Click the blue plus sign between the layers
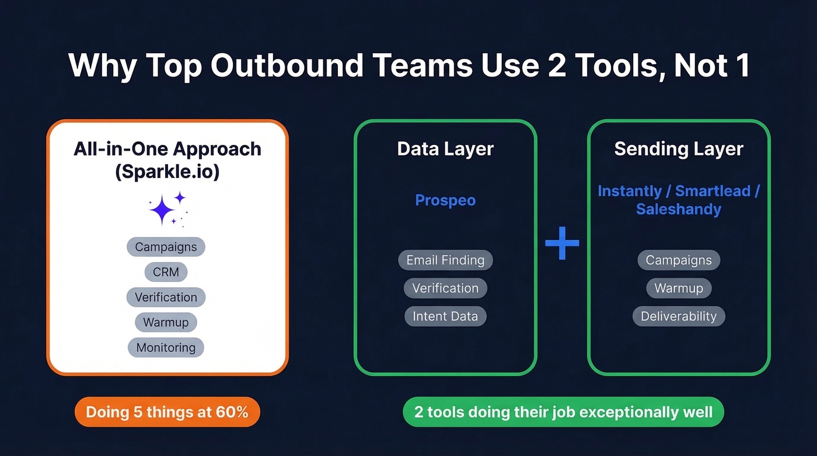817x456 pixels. click(562, 242)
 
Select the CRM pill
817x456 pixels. click(166, 272)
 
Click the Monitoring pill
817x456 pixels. click(166, 347)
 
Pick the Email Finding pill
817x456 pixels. click(445, 260)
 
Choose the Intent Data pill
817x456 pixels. click(445, 316)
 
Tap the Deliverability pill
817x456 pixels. click(679, 316)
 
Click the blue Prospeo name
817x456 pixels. click(445, 200)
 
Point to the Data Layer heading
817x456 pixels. click(445, 149)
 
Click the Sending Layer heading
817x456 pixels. click(679, 149)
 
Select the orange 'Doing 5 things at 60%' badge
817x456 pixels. click(167, 412)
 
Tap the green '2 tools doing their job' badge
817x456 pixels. click(563, 412)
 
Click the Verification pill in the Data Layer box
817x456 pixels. click(445, 288)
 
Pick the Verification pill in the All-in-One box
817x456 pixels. click(166, 297)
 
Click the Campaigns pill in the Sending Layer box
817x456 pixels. click(679, 260)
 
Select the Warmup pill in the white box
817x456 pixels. click(166, 322)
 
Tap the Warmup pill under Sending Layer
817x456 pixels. click(679, 288)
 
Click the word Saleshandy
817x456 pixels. click(679, 209)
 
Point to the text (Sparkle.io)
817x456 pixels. click(167, 173)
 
